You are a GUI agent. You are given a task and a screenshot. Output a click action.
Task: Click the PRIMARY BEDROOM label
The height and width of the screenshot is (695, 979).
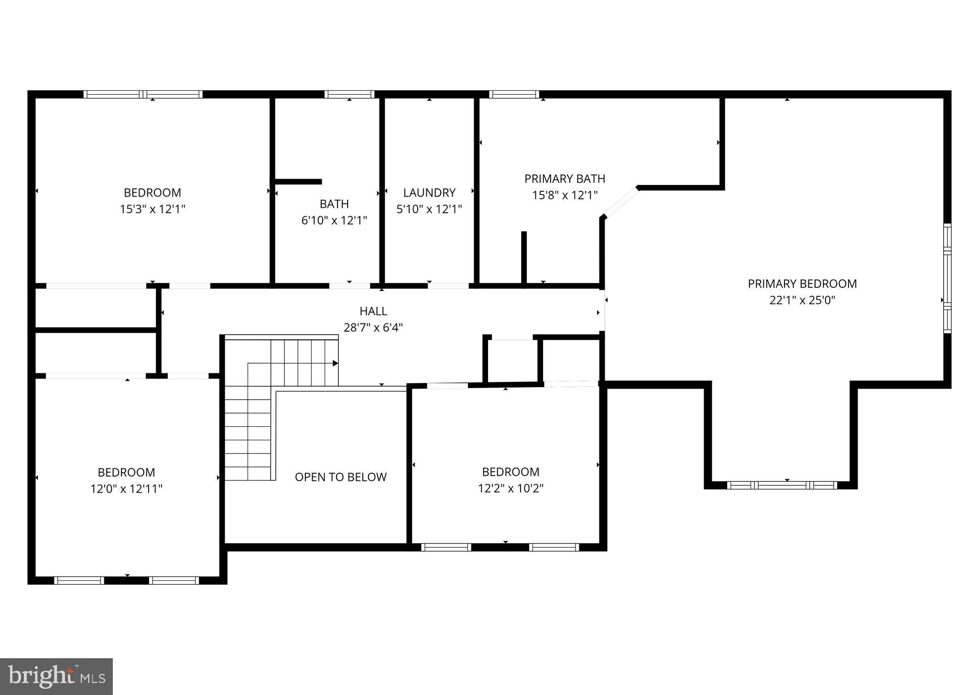pos(802,283)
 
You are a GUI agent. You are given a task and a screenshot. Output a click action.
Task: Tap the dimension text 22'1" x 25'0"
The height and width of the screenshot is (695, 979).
pos(802,300)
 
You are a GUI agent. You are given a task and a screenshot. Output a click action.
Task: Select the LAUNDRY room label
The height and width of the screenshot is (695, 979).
pos(429,193)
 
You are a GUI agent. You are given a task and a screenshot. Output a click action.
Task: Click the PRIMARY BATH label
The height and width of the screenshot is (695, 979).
pos(565,179)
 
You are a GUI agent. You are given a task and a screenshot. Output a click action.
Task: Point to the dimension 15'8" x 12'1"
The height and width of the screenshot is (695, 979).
pos(565,195)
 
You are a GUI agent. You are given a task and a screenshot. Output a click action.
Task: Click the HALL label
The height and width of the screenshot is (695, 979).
pos(373,311)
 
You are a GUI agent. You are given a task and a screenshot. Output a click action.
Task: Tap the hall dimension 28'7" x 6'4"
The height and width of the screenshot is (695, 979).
pos(373,328)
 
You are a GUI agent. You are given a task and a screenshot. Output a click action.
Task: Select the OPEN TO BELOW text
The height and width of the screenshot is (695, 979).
pos(340,477)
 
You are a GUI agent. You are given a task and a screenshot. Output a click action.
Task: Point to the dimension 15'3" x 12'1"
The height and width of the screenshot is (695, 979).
pos(152,209)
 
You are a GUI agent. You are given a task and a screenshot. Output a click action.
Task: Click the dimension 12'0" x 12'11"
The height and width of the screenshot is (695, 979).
pos(126,489)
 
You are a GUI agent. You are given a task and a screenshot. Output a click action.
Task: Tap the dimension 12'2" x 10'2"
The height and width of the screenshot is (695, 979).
pos(511,489)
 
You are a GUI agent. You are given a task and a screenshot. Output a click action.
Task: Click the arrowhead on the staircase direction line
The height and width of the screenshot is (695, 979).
pos(336,363)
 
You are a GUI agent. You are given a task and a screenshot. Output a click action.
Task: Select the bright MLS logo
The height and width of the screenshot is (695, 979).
pos(56,676)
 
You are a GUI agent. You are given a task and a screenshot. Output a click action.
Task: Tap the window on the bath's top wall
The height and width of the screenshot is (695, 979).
pos(349,94)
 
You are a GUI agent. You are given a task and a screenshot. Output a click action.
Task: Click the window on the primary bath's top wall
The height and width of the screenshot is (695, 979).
pos(514,94)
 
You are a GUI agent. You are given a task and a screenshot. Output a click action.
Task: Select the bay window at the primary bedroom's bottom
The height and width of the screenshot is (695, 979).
pos(782,485)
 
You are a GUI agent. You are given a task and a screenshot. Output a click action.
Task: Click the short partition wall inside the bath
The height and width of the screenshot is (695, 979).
pos(298,182)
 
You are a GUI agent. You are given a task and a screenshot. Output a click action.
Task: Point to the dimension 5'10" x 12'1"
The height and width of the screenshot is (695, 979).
pos(429,209)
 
